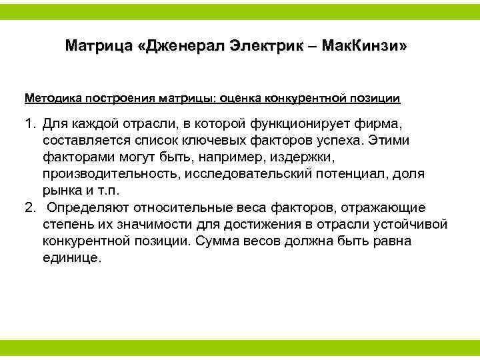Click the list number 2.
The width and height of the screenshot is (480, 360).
29,207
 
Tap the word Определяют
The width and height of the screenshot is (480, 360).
90,207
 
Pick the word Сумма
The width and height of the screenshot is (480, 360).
220,241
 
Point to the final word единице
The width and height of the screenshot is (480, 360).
71,257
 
